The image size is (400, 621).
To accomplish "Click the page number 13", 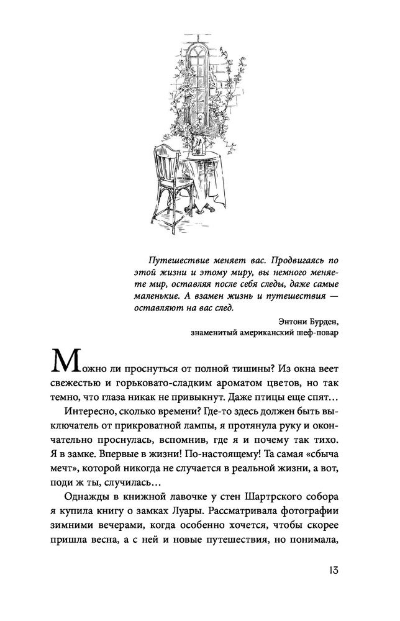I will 329,571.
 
